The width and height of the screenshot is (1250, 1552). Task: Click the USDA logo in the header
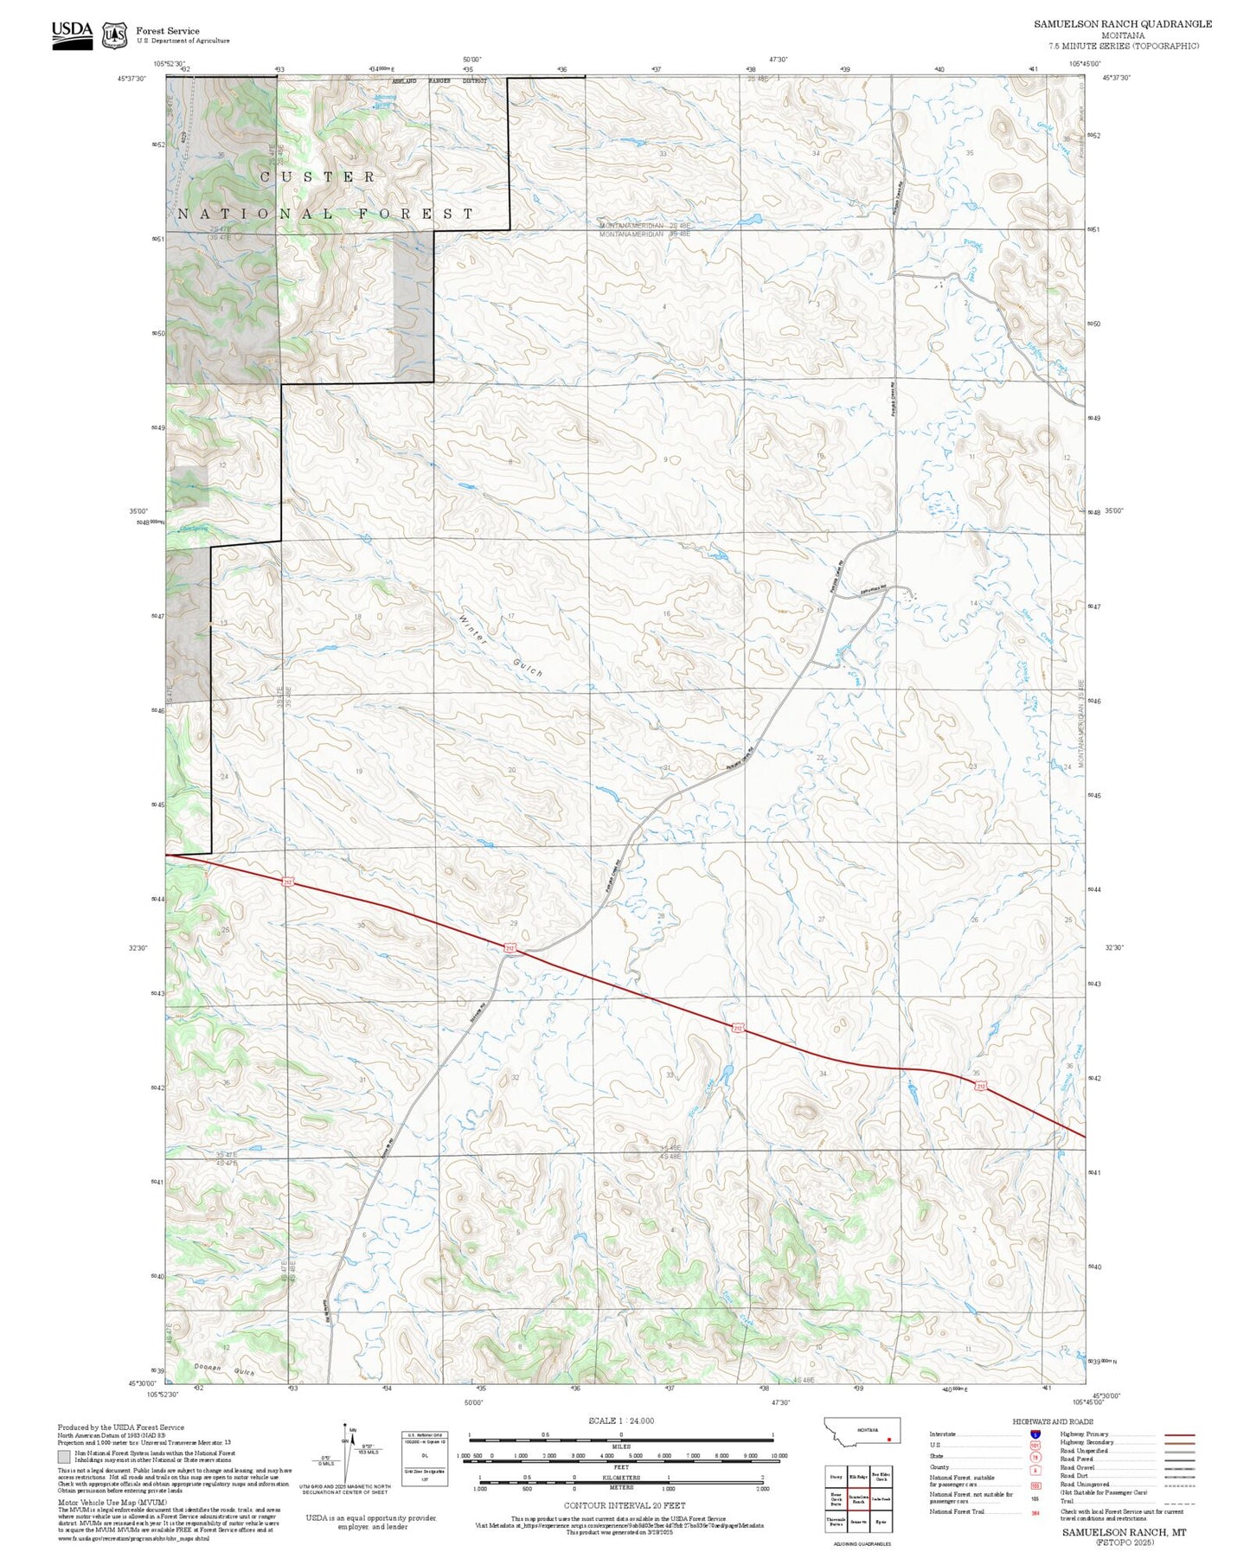coord(72,34)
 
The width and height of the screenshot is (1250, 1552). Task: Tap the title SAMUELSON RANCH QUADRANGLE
coord(1122,24)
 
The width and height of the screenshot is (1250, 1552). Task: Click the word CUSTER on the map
coord(318,176)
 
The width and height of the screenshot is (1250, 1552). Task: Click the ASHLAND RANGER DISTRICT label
coord(439,80)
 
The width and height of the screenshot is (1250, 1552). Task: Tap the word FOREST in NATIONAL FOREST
coord(417,214)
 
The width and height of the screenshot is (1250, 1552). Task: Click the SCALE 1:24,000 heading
coord(620,1421)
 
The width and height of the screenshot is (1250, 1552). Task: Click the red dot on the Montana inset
coord(888,1440)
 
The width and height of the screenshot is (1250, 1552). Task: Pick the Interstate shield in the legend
coord(1035,1434)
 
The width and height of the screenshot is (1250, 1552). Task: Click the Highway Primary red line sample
coord(1179,1434)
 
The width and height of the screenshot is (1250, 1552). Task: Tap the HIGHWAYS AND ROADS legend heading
coord(1052,1421)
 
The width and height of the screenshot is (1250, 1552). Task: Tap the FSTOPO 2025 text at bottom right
coord(1125,1542)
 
